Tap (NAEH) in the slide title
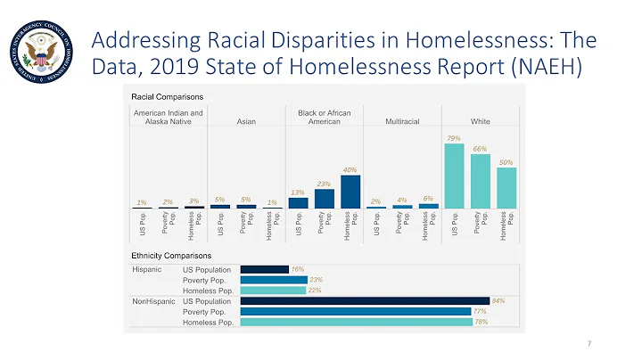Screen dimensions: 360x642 pyautogui.click(x=547, y=67)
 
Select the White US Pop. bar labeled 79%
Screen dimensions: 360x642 pyautogui.click(x=454, y=176)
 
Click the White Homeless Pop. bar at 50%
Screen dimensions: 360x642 pyautogui.click(x=506, y=187)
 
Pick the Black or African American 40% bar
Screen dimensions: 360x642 pyautogui.click(x=350, y=191)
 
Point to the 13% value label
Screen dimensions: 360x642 pyautogui.click(x=298, y=192)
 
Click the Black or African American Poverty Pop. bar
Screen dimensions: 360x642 pyautogui.click(x=324, y=198)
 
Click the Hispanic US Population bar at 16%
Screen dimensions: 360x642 pyautogui.click(x=265, y=268)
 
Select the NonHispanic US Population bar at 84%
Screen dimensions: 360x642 pyautogui.click(x=365, y=301)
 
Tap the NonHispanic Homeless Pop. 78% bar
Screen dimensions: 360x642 pyautogui.click(x=356, y=322)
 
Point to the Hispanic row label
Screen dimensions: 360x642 pyautogui.click(x=147, y=268)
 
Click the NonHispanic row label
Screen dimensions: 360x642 pyautogui.click(x=152, y=301)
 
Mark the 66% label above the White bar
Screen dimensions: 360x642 pyautogui.click(x=480, y=149)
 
